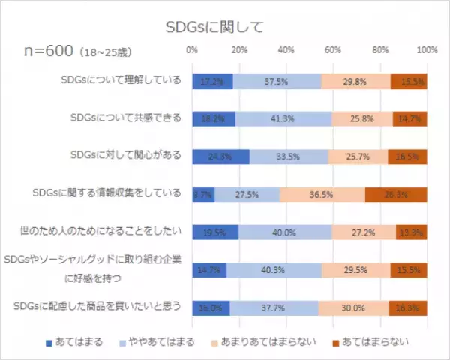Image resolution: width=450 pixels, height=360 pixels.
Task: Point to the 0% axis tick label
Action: pos(192,49)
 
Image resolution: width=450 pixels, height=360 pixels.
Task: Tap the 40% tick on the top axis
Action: pos(286,49)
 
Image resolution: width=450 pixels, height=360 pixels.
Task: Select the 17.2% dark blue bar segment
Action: pos(212,82)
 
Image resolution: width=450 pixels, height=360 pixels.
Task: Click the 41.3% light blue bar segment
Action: pos(283,119)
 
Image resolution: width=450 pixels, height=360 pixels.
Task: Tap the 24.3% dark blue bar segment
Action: pos(220,157)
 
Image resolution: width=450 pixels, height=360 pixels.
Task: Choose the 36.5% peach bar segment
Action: pos(322,194)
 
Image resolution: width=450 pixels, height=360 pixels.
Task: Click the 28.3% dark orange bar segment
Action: pos(395,194)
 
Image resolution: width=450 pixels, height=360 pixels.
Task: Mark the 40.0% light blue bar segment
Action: pos(285,232)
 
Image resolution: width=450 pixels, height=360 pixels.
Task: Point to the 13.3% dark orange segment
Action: pos(412,232)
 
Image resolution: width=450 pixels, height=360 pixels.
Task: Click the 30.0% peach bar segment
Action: pos(352,307)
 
